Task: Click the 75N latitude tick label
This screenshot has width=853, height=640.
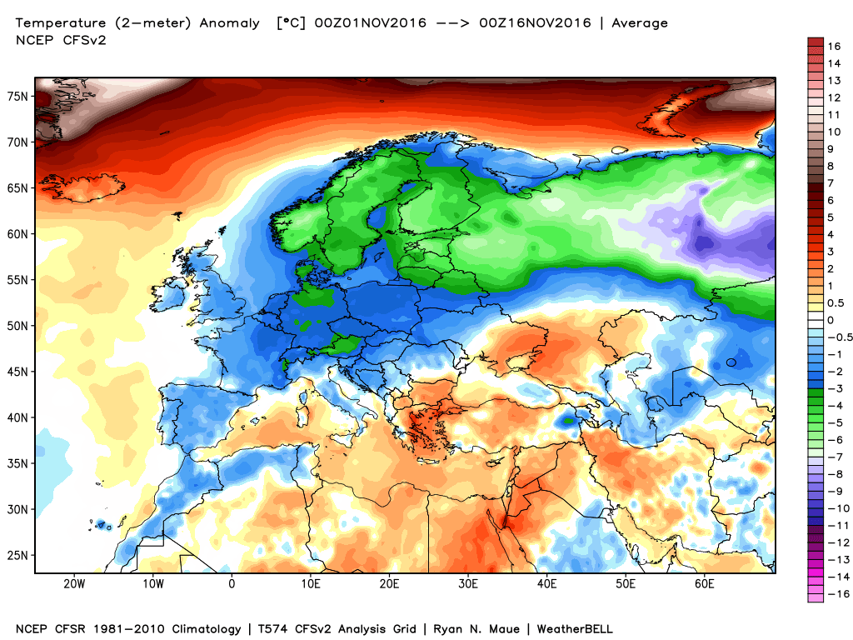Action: click(x=18, y=97)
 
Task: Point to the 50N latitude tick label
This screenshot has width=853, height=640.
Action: click(x=18, y=326)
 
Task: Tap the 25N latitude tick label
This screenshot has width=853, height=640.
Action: click(x=18, y=555)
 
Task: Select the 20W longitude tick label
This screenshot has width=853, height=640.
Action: click(x=73, y=583)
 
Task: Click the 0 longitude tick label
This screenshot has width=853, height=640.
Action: click(x=232, y=583)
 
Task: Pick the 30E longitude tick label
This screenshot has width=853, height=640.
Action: click(x=468, y=583)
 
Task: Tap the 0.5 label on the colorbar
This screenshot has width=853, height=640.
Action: click(x=835, y=302)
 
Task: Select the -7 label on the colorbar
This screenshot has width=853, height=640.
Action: click(x=834, y=457)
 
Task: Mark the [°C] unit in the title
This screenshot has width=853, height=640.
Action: click(x=291, y=23)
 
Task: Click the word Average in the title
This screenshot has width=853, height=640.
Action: click(x=640, y=23)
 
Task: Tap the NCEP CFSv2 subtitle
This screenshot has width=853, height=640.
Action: click(x=56, y=38)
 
